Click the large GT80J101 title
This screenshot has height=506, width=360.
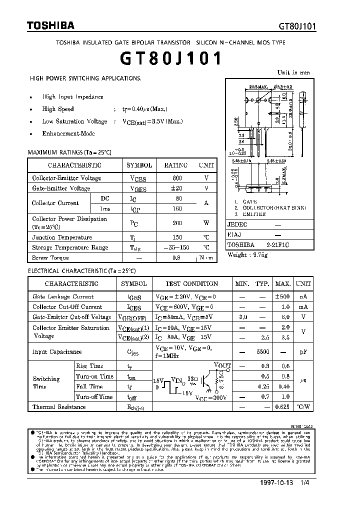tap(170, 59)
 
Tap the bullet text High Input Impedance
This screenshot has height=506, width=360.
tap(72, 97)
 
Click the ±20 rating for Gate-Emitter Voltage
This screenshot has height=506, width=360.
tap(176, 188)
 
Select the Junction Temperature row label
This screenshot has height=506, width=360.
tap(62, 237)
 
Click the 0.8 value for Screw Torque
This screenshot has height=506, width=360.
tap(176, 258)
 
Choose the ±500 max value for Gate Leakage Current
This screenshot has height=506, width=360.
tap(283, 296)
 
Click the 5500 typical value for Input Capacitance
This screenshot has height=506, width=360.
tap(263, 352)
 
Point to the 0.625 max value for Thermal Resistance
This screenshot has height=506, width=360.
tap(283, 407)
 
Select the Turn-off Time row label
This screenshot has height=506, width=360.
tap(94, 396)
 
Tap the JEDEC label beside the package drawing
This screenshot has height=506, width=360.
tap(237, 225)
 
